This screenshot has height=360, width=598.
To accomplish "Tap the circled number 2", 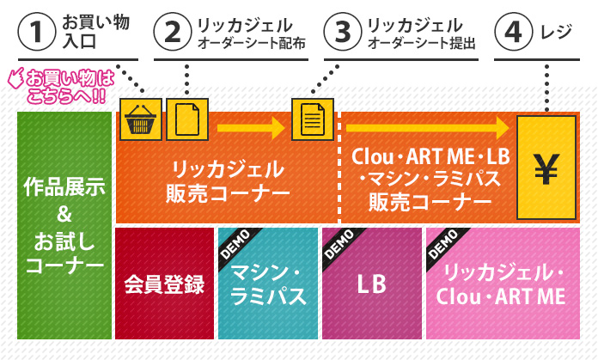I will click(x=172, y=33).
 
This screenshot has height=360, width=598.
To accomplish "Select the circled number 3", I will click(x=342, y=33).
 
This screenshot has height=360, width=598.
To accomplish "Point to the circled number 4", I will click(x=513, y=33).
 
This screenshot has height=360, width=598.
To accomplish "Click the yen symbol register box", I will click(x=546, y=168).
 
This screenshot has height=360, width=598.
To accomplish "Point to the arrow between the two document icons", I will click(x=250, y=129).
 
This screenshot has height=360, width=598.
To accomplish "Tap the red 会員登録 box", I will click(x=164, y=284).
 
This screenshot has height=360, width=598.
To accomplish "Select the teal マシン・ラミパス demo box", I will click(x=266, y=284).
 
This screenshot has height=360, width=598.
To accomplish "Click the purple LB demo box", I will click(x=371, y=284).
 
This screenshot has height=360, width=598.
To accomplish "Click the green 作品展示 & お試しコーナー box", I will click(x=64, y=225).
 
